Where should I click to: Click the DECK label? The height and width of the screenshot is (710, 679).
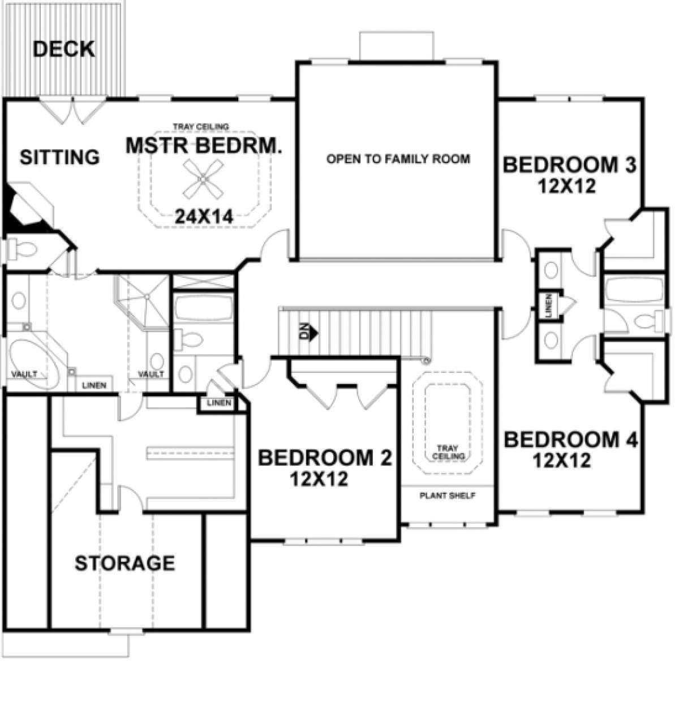tap(64, 49)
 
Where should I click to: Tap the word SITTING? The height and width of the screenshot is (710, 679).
tap(59, 157)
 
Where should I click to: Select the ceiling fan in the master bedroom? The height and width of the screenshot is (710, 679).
tap(203, 179)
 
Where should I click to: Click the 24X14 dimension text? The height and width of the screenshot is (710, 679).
tap(204, 217)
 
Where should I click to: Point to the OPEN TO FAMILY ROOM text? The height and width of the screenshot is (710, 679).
tap(398, 159)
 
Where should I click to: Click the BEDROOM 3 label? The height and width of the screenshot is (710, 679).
tap(569, 165)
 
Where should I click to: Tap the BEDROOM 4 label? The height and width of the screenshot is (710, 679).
tap(570, 440)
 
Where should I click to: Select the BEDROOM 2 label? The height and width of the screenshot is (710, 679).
tap(325, 458)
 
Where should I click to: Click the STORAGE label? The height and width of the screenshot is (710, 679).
tap(125, 563)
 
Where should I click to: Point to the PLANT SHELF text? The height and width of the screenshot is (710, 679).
tap(448, 496)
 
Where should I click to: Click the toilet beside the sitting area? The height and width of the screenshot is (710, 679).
tap(22, 249)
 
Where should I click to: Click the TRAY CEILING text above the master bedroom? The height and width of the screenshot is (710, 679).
tap(201, 127)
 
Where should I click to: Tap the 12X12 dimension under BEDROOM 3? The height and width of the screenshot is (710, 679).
tap(567, 187)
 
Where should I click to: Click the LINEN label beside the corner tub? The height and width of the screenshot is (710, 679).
tap(94, 385)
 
